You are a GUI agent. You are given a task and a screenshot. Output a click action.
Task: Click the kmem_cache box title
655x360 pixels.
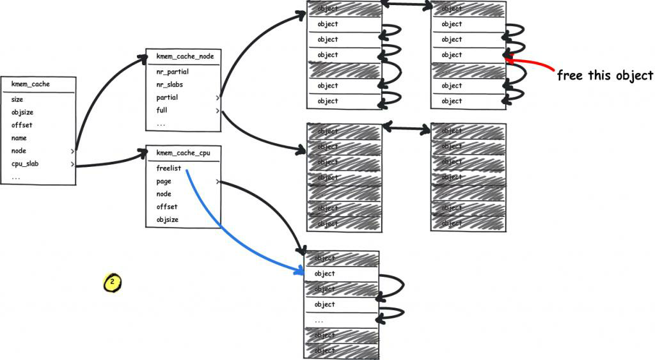click(31, 84)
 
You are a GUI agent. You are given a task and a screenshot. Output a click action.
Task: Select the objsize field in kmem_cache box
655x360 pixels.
click(22, 113)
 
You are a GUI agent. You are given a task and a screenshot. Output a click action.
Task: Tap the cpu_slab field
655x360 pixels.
click(25, 164)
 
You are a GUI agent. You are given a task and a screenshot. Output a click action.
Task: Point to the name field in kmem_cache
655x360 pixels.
click(19, 138)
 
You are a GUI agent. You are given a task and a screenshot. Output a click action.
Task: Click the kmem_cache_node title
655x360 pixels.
click(185, 56)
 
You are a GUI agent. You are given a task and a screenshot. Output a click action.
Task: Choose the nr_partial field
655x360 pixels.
click(173, 72)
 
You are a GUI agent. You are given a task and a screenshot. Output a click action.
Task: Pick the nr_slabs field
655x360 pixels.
click(171, 84)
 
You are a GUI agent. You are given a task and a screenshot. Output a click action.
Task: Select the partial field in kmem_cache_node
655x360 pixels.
click(167, 98)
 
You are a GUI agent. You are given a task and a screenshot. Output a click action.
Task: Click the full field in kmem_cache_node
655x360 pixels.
click(162, 111)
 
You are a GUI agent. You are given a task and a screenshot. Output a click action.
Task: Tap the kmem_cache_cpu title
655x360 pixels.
click(183, 153)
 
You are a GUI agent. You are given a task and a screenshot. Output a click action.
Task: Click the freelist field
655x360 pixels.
click(169, 168)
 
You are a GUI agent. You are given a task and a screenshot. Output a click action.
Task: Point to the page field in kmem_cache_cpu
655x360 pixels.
click(164, 182)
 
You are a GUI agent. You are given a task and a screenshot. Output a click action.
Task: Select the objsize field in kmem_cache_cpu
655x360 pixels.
click(168, 220)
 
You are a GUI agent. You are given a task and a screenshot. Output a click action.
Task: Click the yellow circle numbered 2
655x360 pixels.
click(112, 281)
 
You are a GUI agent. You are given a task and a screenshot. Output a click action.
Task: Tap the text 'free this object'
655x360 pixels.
click(604, 75)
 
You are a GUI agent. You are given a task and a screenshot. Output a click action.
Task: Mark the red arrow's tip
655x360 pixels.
click(505, 59)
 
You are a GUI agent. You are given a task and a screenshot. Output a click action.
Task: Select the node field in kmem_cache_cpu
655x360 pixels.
click(164, 194)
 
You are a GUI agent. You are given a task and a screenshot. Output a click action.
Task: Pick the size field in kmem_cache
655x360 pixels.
click(17, 100)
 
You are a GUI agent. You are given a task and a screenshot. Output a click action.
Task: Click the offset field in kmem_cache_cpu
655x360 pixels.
click(167, 207)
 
